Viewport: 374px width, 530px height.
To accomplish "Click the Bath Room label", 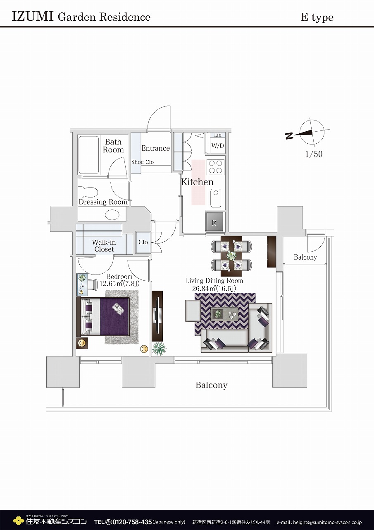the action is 113,146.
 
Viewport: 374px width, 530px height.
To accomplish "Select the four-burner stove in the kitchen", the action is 216,167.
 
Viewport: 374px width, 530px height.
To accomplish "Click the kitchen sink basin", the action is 216,198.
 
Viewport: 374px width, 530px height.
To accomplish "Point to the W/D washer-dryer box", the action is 217,146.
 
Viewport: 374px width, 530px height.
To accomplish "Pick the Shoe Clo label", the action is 143,162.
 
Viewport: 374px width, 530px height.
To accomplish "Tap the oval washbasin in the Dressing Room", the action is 112,215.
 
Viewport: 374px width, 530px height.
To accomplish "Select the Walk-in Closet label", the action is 104,246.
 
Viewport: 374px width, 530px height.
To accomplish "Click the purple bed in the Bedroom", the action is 103,316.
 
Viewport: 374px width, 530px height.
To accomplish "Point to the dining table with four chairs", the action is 231,256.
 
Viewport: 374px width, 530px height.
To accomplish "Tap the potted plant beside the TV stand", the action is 159,348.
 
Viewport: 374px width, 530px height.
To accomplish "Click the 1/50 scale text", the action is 314,154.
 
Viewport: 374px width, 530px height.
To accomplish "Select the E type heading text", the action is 317,17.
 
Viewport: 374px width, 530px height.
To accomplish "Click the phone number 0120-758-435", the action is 132,521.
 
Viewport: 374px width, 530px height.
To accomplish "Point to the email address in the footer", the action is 319,522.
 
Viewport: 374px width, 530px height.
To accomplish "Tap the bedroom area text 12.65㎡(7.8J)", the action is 119,284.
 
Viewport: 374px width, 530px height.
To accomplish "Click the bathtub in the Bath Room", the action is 88,155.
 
